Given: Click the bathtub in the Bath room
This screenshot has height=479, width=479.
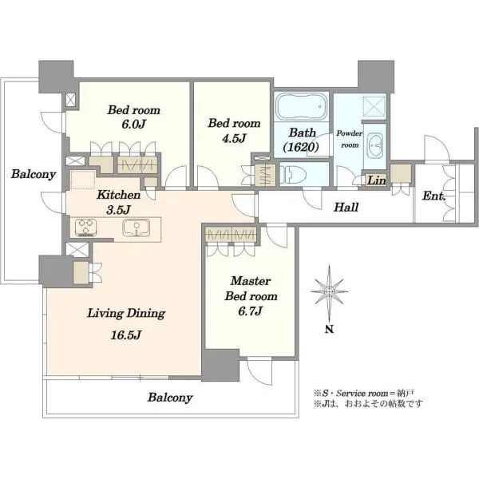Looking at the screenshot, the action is pos(302,106).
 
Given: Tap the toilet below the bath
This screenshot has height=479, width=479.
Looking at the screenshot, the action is pos(293,174).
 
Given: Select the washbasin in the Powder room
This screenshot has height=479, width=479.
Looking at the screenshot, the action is pos(375,145).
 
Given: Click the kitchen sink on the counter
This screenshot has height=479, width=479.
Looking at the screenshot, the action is pos(137,228).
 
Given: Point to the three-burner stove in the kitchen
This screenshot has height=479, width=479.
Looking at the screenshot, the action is pos(86,228).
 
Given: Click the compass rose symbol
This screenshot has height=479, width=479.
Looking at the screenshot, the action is pos(329,291).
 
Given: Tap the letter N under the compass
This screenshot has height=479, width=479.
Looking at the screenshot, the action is pos(329,329).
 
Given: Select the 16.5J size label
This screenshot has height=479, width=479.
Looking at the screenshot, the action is pos(125,335).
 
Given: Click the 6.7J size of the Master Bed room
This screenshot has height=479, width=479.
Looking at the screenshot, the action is pos(250,311).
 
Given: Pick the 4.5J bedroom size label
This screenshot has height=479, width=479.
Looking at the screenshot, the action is pos(234,138).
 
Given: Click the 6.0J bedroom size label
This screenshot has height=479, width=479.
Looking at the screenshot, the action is pos(133,124).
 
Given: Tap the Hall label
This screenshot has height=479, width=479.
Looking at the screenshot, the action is pos(346,208).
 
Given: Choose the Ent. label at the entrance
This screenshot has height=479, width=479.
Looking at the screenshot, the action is pos(433,196).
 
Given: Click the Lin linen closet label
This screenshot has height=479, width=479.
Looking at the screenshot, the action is pos(376,180).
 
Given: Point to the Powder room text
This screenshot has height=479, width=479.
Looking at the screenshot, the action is pos(350,139).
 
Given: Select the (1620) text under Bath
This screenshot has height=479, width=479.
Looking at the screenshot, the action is pos(301,148).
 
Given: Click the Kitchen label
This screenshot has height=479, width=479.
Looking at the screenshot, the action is pos(118,195).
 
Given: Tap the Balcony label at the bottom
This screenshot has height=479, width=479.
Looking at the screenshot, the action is pos(170,398).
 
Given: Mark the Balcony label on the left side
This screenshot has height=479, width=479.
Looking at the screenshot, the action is pos(34,174).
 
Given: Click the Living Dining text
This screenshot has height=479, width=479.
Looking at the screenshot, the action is pos(126,314).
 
